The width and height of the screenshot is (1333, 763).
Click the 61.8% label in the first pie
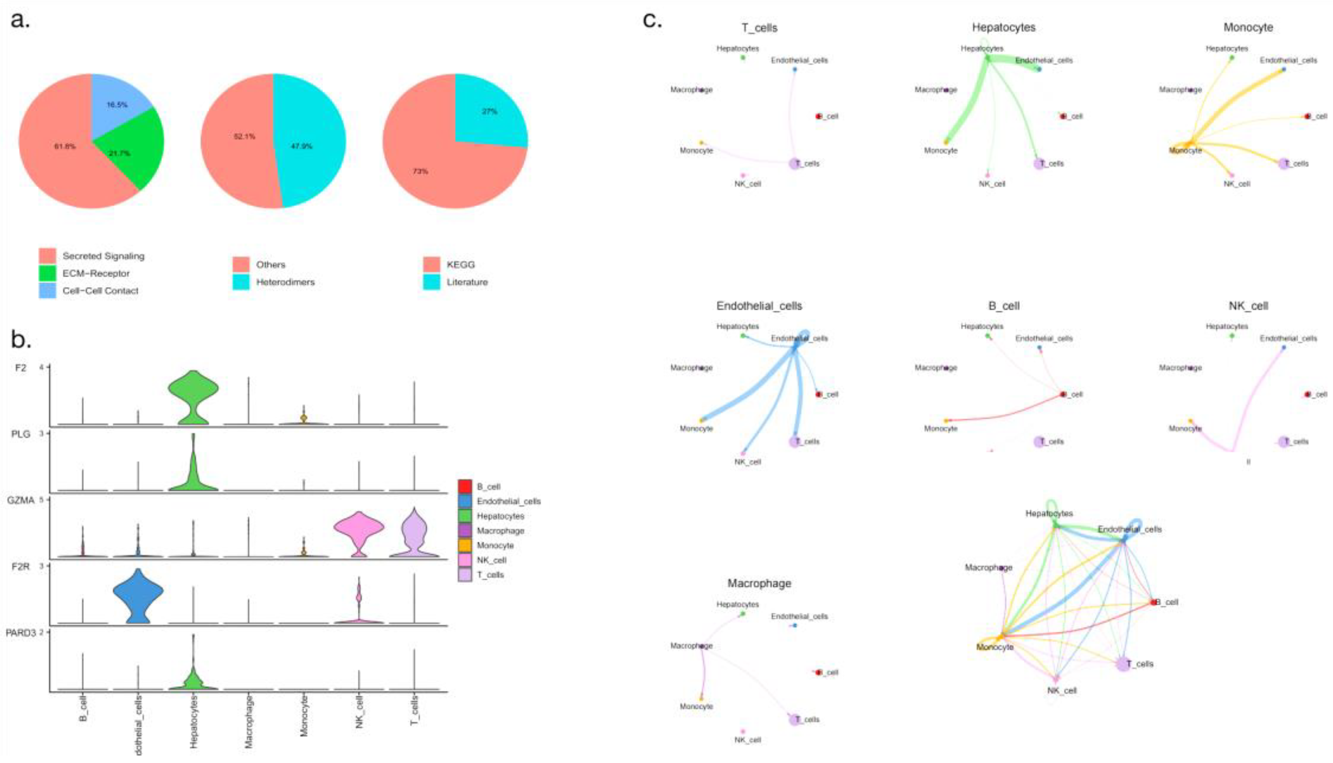pos(65,146)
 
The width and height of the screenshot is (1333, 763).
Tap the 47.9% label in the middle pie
pos(301,146)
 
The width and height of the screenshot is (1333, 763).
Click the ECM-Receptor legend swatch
pos(47,273)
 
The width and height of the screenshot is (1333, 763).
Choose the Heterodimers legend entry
pos(285,282)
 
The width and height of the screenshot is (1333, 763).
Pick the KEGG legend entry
pos(460,265)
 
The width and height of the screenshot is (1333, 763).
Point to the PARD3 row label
pos(21,633)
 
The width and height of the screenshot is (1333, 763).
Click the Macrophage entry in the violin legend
pos(500,531)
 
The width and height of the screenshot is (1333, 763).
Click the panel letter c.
pos(652,20)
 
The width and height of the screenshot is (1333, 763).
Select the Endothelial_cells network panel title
pos(759,306)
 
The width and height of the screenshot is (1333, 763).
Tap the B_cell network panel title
pos(1003,306)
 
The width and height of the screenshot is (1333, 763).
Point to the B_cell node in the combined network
pos(1153,602)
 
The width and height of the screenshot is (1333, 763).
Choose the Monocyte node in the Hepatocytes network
pos(946,142)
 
